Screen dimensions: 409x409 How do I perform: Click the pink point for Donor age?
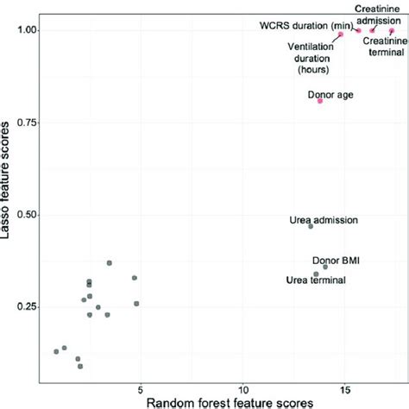(x=320, y=101)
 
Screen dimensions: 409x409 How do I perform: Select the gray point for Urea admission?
(x=311, y=226)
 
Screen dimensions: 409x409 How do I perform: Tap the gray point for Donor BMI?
(x=324, y=267)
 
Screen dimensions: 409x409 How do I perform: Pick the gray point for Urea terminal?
(x=317, y=274)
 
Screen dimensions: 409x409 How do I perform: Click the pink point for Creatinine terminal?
(x=391, y=30)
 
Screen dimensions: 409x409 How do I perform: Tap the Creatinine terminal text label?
(x=381, y=48)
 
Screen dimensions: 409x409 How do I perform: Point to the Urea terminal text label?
(x=316, y=280)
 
